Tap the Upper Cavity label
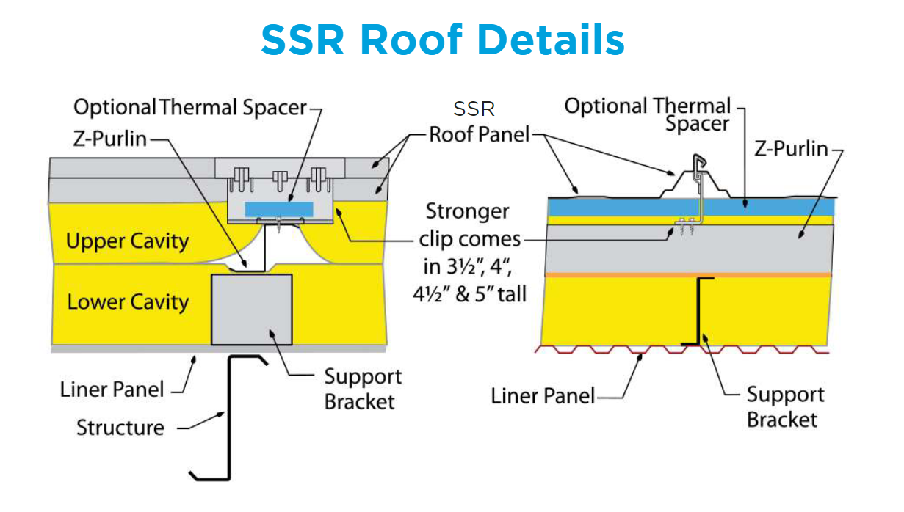(127, 241)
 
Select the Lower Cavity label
(128, 301)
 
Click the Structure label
(120, 427)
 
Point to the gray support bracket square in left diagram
(251, 309)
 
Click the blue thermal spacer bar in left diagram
(278, 209)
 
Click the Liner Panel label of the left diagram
(112, 389)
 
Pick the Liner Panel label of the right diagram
(542, 396)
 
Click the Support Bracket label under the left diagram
(363, 390)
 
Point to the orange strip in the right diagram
(690, 274)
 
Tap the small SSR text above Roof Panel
(474, 109)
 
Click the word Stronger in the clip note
(468, 211)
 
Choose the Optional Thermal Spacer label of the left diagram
(189, 107)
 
